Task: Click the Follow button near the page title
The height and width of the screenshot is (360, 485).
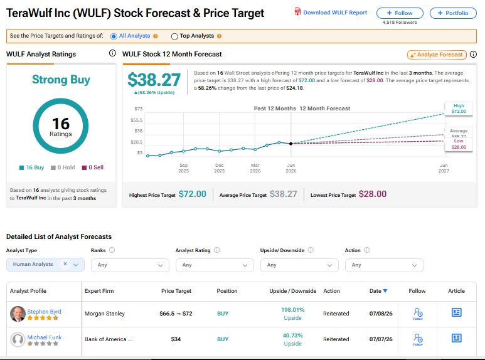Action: pyautogui.click(x=400, y=13)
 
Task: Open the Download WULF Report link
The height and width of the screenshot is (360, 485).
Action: pyautogui.click(x=331, y=13)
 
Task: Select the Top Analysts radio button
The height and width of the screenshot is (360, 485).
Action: pyautogui.click(x=174, y=36)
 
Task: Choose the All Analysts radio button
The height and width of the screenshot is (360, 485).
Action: pyautogui.click(x=114, y=36)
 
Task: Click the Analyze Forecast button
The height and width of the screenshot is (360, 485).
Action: pyautogui.click(x=437, y=55)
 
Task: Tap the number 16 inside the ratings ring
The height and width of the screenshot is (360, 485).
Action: pyautogui.click(x=61, y=124)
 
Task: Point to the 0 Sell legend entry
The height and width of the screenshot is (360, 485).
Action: pyautogui.click(x=93, y=167)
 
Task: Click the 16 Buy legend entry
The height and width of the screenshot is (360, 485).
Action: pyautogui.click(x=31, y=167)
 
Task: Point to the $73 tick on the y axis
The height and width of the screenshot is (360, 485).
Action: pyautogui.click(x=138, y=109)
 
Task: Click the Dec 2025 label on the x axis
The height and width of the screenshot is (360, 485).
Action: pyautogui.click(x=220, y=168)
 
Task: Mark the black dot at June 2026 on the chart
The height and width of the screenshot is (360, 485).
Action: pyautogui.click(x=290, y=144)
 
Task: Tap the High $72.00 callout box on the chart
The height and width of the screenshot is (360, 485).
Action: pyautogui.click(x=459, y=109)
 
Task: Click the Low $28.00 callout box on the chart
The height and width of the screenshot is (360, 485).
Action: pyautogui.click(x=459, y=144)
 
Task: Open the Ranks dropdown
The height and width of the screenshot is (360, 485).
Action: pyautogui.click(x=131, y=265)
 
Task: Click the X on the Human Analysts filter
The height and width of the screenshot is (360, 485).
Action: pyautogui.click(x=65, y=264)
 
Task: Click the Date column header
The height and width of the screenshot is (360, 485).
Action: pyautogui.click(x=378, y=291)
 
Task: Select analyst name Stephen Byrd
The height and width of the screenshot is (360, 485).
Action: pyautogui.click(x=44, y=312)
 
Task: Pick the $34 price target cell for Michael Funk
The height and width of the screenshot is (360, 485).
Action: pyautogui.click(x=176, y=339)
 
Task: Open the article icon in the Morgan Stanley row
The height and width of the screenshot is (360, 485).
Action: pyautogui.click(x=457, y=312)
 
